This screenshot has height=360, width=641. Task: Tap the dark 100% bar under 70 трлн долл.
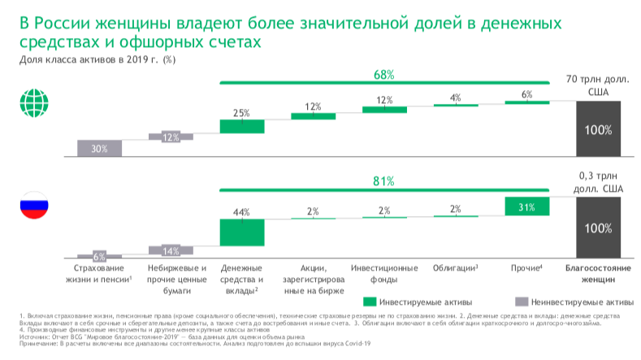598,129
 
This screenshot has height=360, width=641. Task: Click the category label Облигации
455,267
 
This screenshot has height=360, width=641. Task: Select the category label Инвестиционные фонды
384,273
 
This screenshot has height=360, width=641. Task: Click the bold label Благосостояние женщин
598,273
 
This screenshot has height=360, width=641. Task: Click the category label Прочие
526,267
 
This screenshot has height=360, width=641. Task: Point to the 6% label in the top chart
526,94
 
